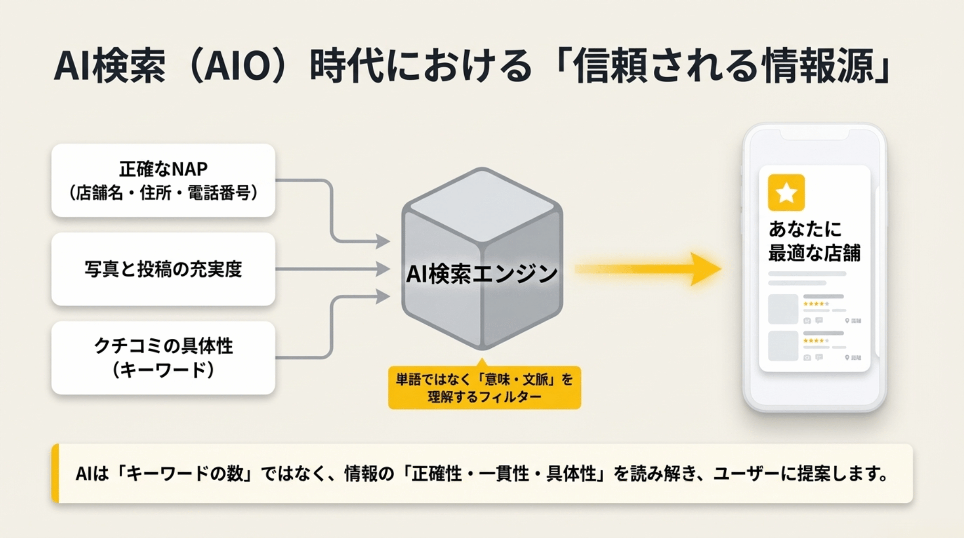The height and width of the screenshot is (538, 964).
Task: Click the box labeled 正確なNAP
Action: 163,180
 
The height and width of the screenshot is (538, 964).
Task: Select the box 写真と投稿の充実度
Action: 163,269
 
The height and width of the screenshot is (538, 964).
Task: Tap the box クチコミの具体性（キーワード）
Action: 163,358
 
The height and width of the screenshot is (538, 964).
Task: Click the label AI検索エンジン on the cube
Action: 481,274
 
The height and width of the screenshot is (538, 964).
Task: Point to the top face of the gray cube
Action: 482,205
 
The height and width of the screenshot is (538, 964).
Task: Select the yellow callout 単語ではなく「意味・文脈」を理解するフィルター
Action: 484,388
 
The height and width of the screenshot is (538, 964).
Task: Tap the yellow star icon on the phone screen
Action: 786,193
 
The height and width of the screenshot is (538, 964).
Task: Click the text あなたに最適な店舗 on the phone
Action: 814,241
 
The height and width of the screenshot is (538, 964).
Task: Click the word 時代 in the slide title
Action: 346,66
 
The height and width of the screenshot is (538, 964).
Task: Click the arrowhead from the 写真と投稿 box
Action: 383,269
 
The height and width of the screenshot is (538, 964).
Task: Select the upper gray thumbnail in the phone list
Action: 783,309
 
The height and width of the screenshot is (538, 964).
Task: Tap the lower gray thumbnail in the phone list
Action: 783,346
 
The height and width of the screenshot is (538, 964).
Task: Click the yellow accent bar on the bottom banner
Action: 55,473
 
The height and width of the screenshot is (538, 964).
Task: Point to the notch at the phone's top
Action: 814,134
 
